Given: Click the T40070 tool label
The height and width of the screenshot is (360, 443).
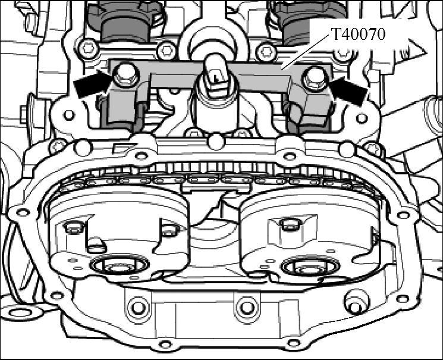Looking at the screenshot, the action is tap(357, 35).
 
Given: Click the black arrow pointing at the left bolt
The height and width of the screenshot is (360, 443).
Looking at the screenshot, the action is tap(92, 83).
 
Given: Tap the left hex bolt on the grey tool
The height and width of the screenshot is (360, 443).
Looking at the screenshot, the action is tap(124, 74).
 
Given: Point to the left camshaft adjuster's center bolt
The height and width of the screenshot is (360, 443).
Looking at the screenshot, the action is tap(119, 265).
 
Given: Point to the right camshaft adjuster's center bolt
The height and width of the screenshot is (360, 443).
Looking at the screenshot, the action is tap(309, 267).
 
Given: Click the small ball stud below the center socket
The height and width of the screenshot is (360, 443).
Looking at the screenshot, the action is tap(216, 142).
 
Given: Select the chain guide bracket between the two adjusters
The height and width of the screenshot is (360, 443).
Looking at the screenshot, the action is tap(216, 187).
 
